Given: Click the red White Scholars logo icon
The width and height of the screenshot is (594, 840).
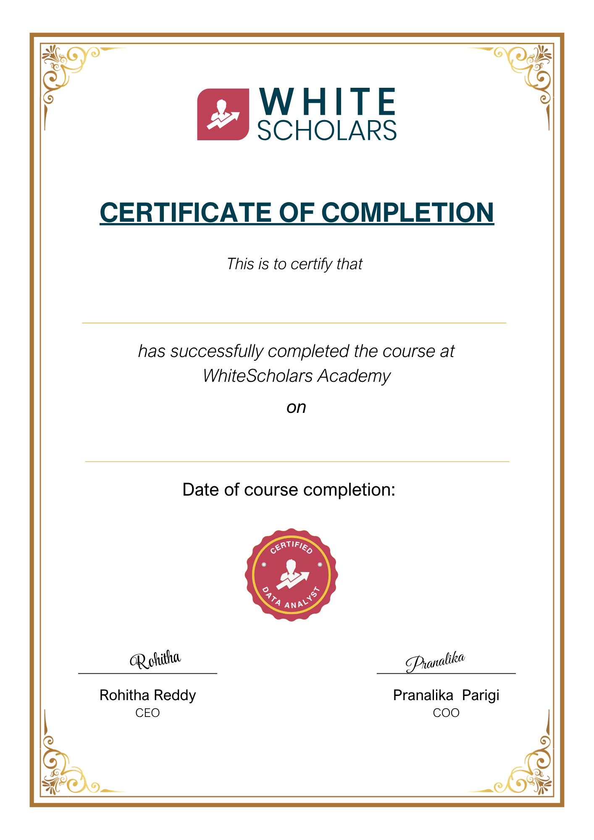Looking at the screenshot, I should click(223, 114).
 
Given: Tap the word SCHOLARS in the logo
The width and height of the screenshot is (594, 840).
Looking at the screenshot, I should click(327, 131).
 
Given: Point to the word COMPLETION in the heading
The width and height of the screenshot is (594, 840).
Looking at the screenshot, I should click(407, 213).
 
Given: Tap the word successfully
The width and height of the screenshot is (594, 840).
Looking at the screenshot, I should click(217, 352).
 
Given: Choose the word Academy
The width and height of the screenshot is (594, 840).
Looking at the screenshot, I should click(354, 376).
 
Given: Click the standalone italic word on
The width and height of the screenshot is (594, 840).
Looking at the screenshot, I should click(296, 407).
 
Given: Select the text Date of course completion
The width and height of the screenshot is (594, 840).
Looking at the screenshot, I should click(289, 490).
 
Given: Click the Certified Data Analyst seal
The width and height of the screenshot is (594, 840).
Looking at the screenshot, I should click(292, 575).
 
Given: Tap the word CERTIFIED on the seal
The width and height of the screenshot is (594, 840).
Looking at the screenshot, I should click(292, 547).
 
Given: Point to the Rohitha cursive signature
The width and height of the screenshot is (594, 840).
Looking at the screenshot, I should click(155, 660).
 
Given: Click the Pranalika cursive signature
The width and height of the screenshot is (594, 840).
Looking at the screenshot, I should click(435, 662).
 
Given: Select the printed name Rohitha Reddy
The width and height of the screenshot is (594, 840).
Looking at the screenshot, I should click(147, 696).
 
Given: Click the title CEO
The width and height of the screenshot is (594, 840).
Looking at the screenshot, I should click(147, 713).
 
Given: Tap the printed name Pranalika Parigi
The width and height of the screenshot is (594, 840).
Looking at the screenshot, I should click(446, 696).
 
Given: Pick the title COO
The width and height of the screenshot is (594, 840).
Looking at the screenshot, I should click(446, 713).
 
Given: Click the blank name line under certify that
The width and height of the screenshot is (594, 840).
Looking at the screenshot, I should click(294, 322).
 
